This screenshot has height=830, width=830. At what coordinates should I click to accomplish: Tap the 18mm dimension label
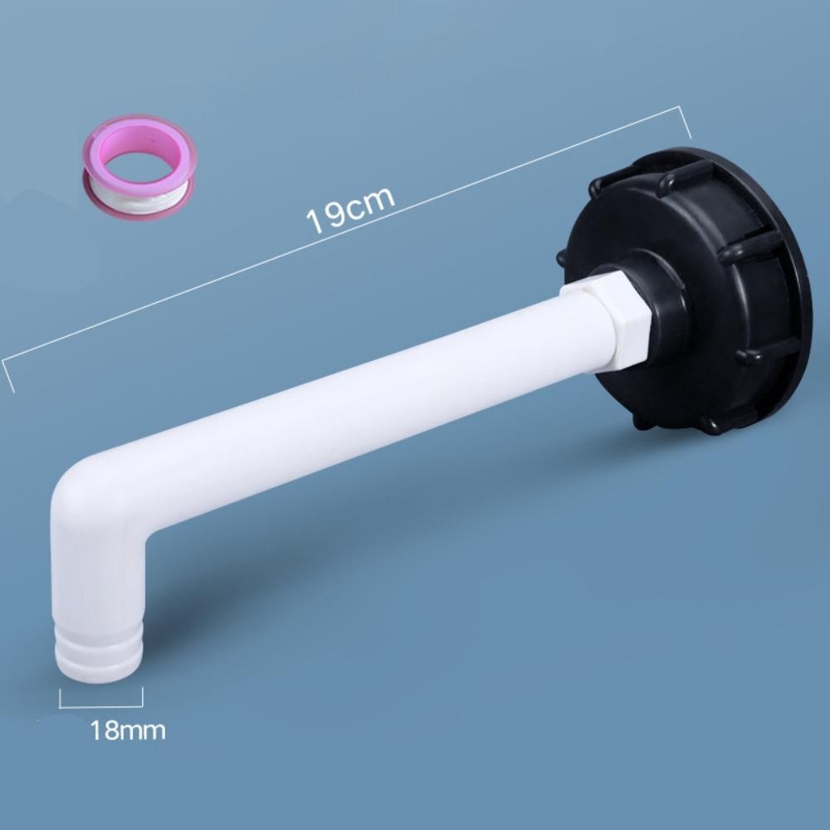(128, 730)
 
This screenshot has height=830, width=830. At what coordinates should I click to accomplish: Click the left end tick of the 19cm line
(8, 376)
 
